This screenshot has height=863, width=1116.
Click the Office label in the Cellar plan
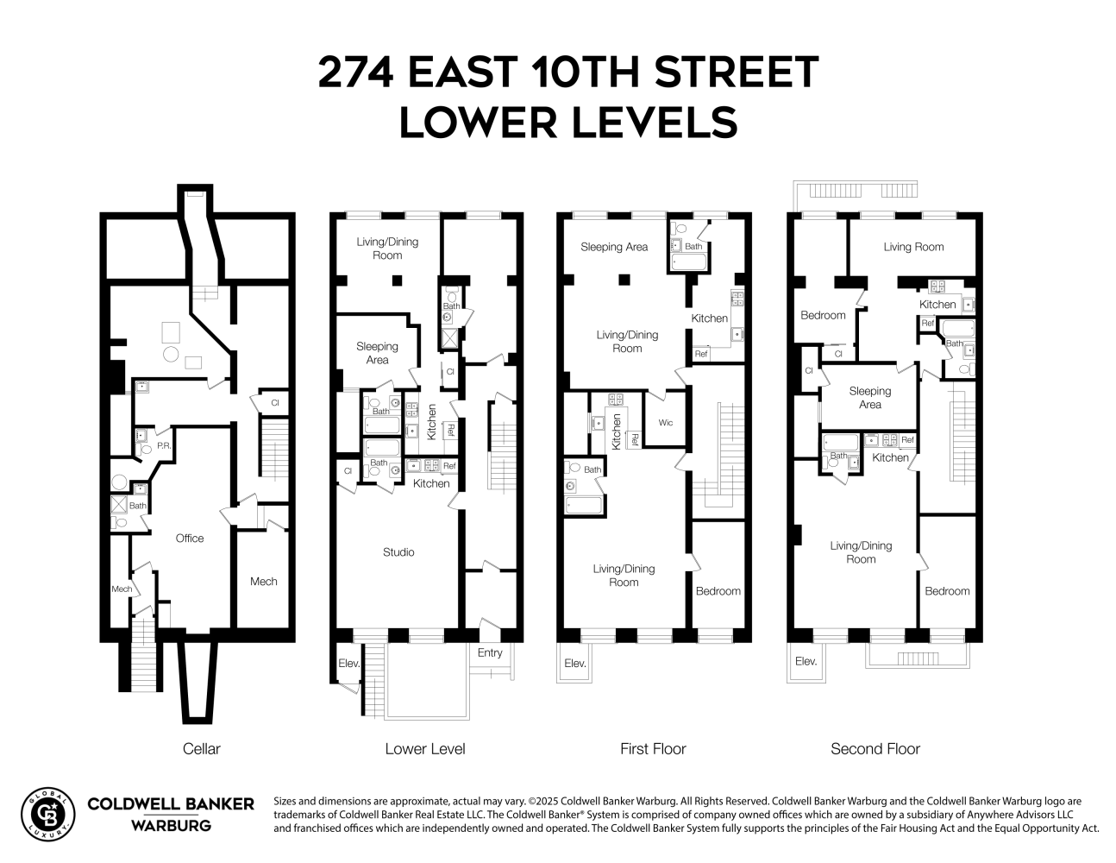point(190,539)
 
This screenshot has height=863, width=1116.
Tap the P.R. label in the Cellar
point(164,447)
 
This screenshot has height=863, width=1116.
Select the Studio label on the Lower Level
point(398,552)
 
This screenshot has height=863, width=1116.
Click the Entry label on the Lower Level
point(490,653)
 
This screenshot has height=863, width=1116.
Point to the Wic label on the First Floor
point(666,423)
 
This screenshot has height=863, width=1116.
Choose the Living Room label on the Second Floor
point(913,247)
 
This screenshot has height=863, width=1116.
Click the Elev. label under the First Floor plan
point(575,664)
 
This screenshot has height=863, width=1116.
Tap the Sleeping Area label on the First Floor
point(614,247)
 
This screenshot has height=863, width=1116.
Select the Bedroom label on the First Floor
point(718,591)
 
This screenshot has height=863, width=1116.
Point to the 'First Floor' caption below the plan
point(653,749)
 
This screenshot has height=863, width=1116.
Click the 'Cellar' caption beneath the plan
point(202,749)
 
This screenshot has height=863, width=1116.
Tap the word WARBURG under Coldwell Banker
point(171,826)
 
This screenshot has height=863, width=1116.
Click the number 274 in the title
point(356,72)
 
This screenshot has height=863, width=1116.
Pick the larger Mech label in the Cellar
point(264,582)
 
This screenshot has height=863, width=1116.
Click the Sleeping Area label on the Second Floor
point(869,398)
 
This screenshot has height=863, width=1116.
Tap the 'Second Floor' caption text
point(875,749)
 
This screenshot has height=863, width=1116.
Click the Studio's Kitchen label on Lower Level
point(431,483)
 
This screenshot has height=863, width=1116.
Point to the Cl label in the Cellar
point(275,403)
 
